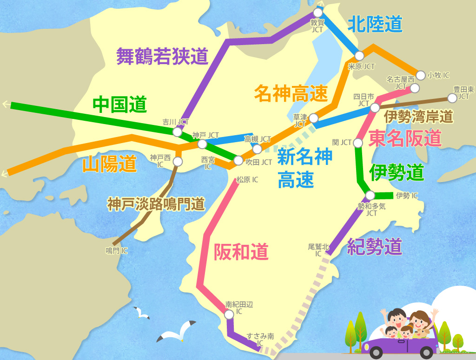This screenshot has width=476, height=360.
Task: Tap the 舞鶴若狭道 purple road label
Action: [162, 56]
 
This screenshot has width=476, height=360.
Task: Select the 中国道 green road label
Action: [119, 105]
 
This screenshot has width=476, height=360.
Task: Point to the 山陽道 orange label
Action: [110, 164]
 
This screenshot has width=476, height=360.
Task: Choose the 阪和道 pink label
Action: [241, 252]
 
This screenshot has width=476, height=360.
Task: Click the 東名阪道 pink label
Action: [404, 138]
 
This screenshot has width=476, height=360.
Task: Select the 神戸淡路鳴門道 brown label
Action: [156, 204]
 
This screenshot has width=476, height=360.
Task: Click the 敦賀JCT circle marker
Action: [318, 13]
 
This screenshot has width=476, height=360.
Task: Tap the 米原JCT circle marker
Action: [359, 56]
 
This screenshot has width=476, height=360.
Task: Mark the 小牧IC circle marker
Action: [420, 75]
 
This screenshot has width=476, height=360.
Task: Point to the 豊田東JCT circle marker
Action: [452, 98]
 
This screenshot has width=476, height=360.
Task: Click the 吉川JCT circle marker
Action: [177, 132]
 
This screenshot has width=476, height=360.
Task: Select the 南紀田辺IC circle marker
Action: [229, 314]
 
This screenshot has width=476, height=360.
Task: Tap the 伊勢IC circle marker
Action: [370, 195]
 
